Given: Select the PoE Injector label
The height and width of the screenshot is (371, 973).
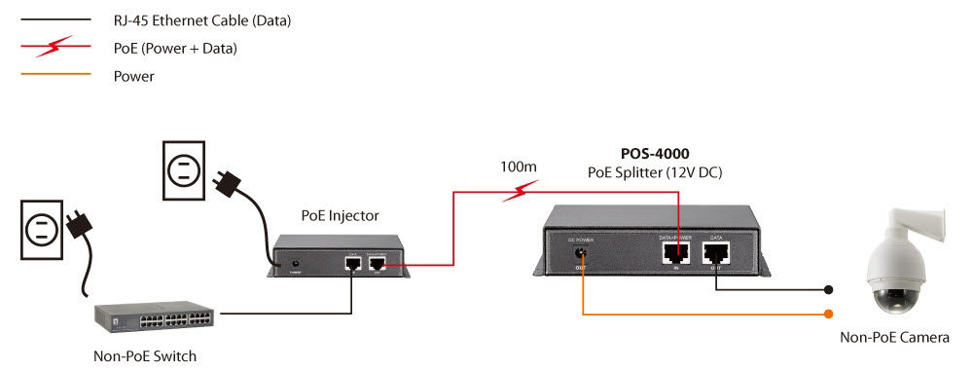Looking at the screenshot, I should coord(340,215).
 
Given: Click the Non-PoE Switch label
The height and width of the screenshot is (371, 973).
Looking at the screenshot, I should coord(145,355).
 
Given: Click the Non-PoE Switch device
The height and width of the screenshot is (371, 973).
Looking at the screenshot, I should coord(157,316).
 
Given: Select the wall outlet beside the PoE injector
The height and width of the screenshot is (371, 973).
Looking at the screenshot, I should coord(182,169).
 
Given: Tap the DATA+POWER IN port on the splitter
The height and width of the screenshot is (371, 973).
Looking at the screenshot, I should coord(670,253).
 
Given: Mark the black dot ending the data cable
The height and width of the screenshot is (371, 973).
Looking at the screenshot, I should coord(828,289).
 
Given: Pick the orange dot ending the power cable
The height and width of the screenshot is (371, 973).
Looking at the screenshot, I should coord(828,314).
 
